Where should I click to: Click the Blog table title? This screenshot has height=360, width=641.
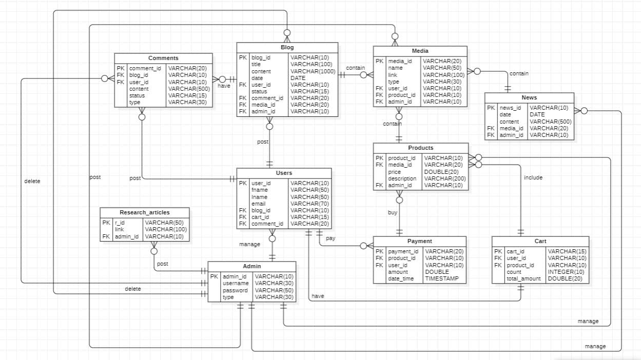point(287,47)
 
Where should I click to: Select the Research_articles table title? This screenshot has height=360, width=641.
point(144,212)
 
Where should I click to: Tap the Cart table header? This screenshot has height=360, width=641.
point(540,241)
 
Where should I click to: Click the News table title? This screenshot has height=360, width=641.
point(529,97)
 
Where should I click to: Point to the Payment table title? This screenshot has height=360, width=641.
point(419,241)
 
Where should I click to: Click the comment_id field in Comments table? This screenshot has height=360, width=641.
point(145,68)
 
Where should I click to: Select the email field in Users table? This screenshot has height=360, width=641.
point(258,204)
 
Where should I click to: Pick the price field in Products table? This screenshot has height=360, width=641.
point(394,172)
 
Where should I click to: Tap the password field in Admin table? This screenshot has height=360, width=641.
point(235,290)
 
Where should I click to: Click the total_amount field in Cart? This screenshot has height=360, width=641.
point(523,278)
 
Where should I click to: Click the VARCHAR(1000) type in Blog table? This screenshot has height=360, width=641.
point(313,71)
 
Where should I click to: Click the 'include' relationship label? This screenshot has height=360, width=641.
point(533,177)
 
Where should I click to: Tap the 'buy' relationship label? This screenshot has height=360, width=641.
point(392,212)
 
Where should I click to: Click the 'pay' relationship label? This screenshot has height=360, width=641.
point(331,239)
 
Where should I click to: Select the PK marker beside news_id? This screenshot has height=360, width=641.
point(491,108)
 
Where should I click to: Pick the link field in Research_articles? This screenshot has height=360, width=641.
point(119,229)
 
